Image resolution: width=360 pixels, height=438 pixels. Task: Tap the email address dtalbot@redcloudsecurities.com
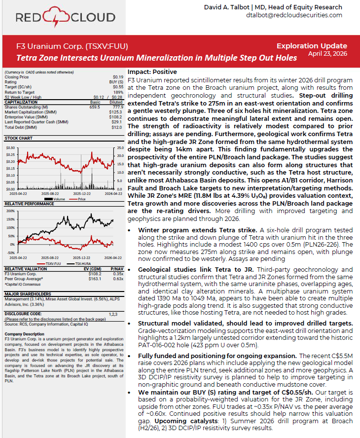tap(294, 15)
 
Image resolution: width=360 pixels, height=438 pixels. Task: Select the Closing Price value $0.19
tap(118, 77)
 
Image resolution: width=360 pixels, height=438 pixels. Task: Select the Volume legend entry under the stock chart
tap(56, 198)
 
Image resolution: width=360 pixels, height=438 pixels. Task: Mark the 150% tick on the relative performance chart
tap(9, 211)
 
